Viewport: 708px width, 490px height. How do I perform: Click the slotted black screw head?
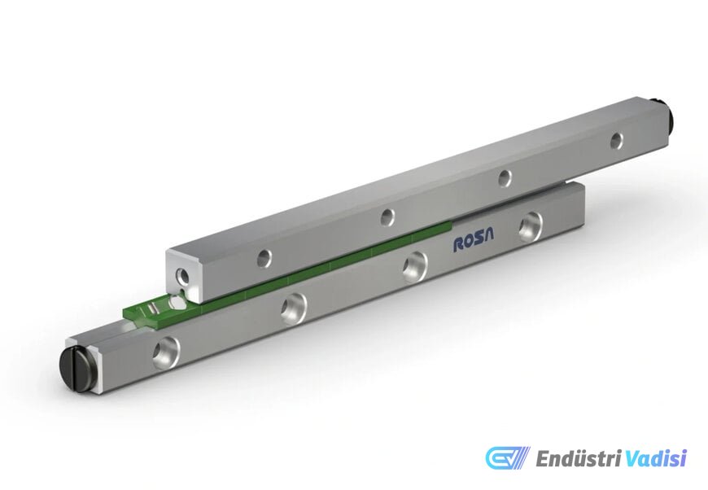point(78,366)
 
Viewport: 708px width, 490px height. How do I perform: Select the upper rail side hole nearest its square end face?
point(264,258)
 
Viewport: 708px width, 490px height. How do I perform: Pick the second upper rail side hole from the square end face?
point(387,217)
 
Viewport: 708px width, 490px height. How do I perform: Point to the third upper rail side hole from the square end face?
point(505,178)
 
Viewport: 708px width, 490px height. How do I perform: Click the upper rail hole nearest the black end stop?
point(616,141)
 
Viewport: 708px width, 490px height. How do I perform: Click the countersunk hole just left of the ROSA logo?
point(414,266)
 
